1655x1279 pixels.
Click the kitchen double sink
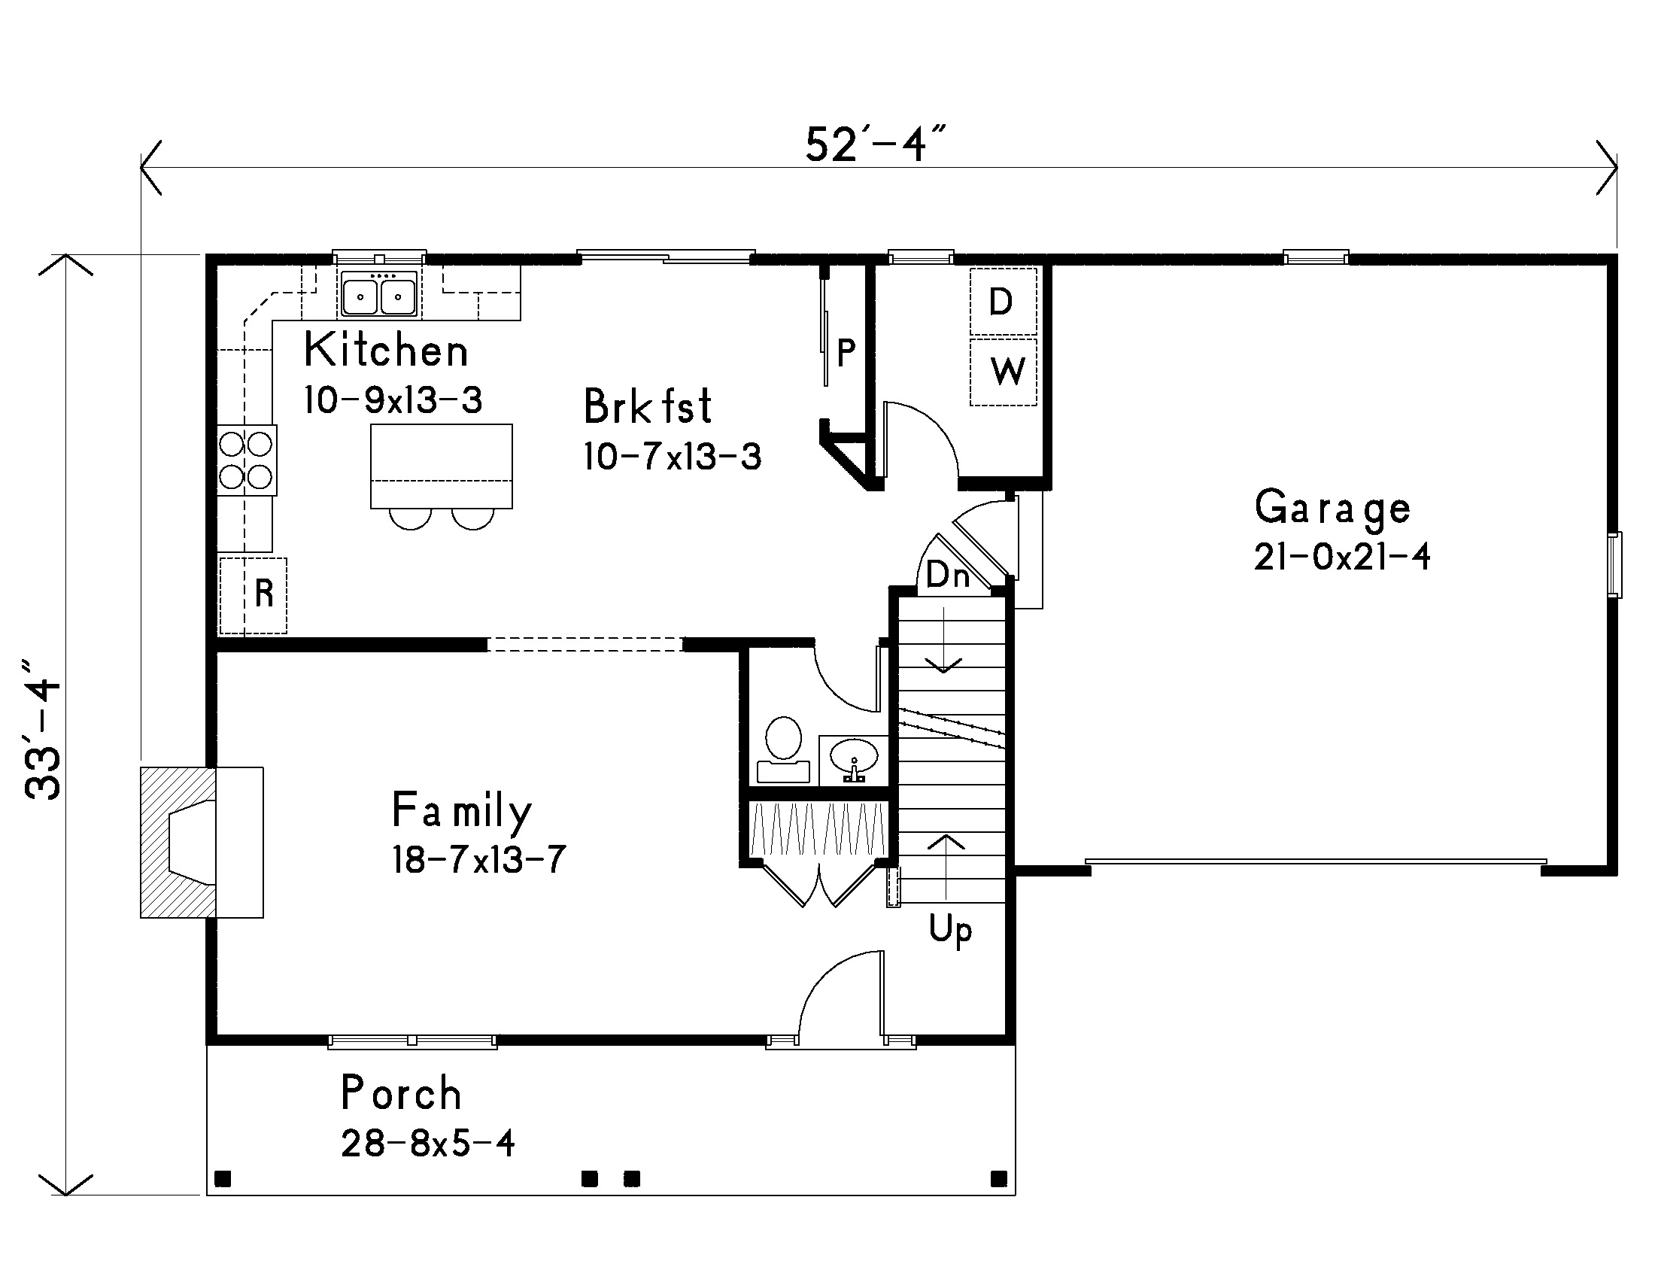(x=378, y=294)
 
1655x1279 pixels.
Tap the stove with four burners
(x=246, y=460)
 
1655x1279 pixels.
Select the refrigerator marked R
(x=253, y=596)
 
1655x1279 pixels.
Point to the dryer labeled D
(x=1004, y=302)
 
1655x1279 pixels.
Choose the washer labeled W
(x=1004, y=371)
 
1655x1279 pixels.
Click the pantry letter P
(x=846, y=352)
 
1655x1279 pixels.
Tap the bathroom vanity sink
(x=854, y=760)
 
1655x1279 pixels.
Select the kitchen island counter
(x=441, y=466)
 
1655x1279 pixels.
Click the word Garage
(x=1332, y=509)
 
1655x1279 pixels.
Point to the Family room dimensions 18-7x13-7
(x=479, y=860)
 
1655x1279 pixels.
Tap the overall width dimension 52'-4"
(x=876, y=144)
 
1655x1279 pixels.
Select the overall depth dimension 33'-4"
(x=43, y=730)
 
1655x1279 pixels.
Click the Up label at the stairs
(x=950, y=930)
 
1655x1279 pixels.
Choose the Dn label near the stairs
(x=947, y=575)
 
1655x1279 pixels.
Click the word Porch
(x=401, y=1093)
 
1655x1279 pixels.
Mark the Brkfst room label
(x=648, y=406)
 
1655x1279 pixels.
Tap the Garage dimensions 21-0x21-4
(x=1342, y=557)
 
